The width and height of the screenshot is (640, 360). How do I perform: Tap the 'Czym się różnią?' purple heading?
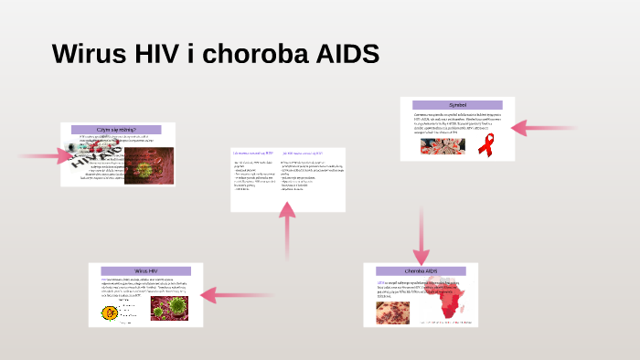pos(117,130)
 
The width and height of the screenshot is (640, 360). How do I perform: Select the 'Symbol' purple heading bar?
pos(457,105)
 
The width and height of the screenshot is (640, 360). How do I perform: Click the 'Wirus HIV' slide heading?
pos(146,271)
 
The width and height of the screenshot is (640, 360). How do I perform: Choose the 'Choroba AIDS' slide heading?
pos(421,271)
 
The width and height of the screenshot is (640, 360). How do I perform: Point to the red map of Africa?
pos(453,302)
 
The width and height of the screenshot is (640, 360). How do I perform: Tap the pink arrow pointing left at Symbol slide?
pos(543,129)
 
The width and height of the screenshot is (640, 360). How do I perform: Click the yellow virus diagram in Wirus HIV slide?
pos(110,313)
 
